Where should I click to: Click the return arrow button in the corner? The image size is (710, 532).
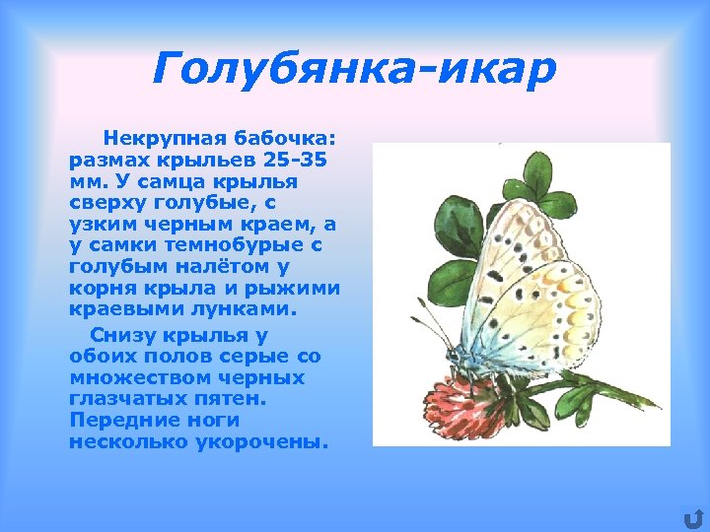tap(692, 516)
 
